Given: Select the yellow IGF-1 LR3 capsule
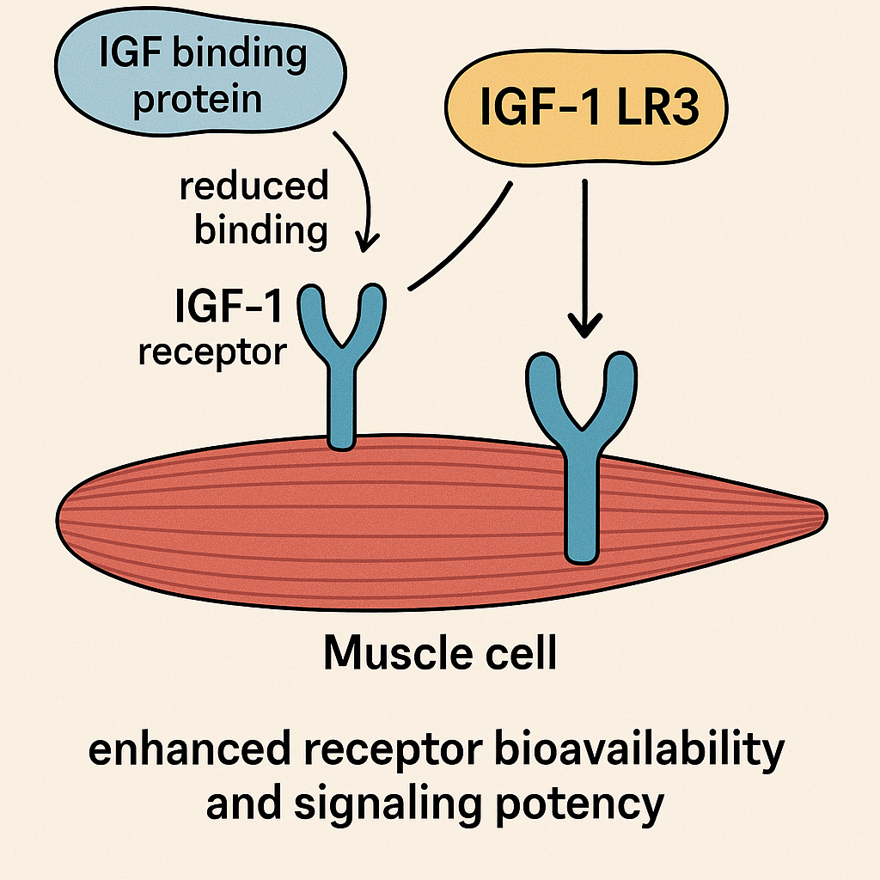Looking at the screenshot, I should [x=584, y=112].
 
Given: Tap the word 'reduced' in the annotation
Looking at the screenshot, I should [x=254, y=186].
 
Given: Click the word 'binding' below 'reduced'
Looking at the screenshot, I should [x=260, y=230].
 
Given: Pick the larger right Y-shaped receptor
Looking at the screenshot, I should [x=581, y=447].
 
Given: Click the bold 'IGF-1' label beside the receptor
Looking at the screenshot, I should [x=229, y=307].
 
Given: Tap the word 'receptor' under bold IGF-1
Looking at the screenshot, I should [x=211, y=351].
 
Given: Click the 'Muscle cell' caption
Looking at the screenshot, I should [x=440, y=655].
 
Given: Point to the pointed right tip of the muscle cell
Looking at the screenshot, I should [x=821, y=514].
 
